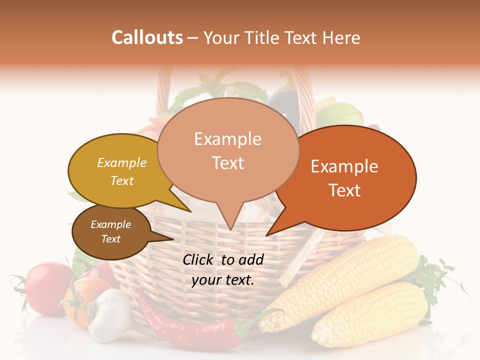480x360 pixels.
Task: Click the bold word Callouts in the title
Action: pos(147,37)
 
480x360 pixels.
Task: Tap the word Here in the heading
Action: pos(341,37)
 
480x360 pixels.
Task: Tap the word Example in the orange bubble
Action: pos(344,166)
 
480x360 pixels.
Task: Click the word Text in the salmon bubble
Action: pos(228,163)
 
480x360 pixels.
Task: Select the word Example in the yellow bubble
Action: pos(122,162)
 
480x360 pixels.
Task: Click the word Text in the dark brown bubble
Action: pos(111,239)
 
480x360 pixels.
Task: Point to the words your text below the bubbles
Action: pos(223,280)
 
